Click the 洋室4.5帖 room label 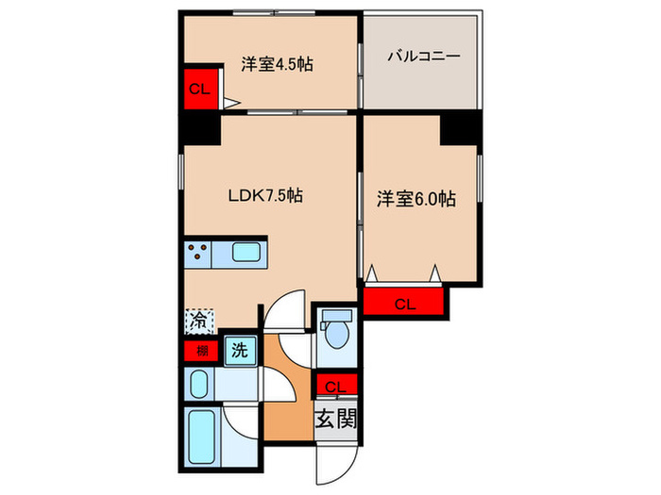tap(277, 65)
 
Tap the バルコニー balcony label tap(423, 58)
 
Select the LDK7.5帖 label tap(265, 196)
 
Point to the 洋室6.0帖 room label tap(416, 199)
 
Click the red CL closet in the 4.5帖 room tap(198, 90)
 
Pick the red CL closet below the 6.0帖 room tap(404, 303)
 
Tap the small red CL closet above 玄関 tap(335, 385)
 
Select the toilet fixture tap(335, 335)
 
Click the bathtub tap(201, 437)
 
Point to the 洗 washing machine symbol tap(240, 351)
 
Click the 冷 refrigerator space tap(198, 321)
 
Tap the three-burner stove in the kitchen tap(198, 253)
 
